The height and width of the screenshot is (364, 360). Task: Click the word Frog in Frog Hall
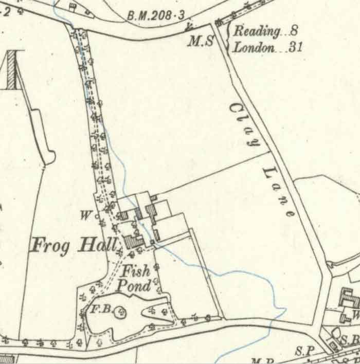pos(50,246)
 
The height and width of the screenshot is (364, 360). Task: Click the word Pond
pos(134,285)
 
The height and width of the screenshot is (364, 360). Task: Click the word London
pos(254,48)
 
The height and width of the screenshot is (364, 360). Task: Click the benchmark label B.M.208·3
pos(155,16)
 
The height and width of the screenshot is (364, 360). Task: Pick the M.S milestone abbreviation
pos(200,42)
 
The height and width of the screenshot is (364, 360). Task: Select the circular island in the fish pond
pos(120,311)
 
